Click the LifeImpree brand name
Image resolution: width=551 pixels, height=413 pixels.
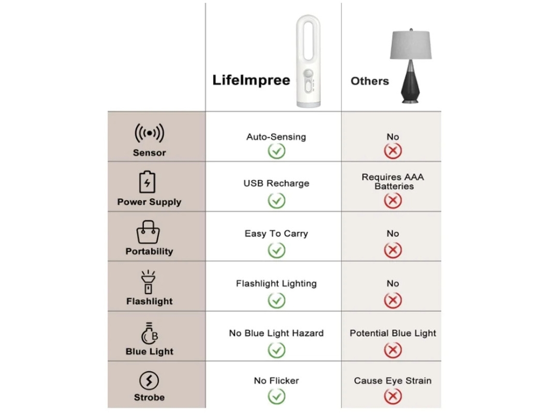click(251, 80)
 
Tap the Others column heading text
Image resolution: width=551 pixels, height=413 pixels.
click(370, 81)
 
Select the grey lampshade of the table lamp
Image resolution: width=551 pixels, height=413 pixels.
click(411, 44)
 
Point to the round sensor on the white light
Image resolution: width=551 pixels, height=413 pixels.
click(308, 74)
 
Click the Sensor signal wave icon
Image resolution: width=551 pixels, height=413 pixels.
click(149, 133)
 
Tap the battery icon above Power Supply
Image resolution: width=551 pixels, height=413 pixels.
click(147, 182)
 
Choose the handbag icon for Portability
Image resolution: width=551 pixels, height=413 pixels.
click(148, 232)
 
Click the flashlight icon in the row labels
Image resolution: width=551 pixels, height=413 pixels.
click(148, 282)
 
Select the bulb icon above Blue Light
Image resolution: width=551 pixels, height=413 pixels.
click(149, 333)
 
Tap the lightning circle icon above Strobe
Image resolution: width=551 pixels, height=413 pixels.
click(149, 381)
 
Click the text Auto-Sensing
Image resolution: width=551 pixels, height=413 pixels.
click(276, 137)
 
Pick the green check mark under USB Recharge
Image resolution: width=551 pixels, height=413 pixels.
click(276, 200)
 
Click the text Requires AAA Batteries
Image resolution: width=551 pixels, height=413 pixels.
click(393, 182)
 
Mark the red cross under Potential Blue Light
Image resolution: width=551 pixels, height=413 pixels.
click(393, 350)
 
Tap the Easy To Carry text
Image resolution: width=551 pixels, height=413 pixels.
click(276, 233)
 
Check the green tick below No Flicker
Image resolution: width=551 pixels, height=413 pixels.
click(276, 397)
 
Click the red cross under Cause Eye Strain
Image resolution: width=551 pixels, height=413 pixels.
click(393, 397)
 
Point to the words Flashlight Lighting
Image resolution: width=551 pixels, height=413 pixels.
click(276, 284)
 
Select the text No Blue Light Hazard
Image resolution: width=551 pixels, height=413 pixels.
click(276, 333)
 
